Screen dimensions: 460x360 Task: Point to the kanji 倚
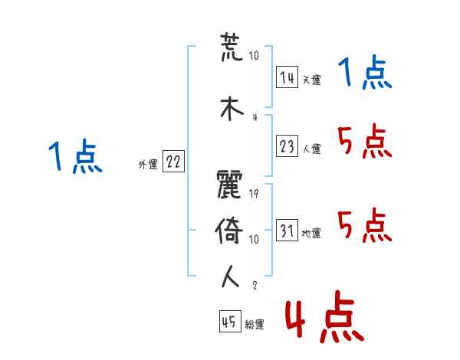click(x=231, y=231)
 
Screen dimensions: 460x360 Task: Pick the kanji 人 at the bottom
click(x=231, y=276)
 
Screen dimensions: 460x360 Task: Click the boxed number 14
click(x=287, y=77)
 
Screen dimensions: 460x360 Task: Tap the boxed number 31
click(x=287, y=231)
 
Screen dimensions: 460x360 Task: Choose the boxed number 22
click(x=173, y=162)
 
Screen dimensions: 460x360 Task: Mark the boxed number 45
click(x=229, y=323)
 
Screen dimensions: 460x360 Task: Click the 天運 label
click(x=311, y=80)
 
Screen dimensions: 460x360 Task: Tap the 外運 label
click(x=147, y=164)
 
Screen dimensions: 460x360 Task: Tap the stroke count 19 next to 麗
click(x=254, y=194)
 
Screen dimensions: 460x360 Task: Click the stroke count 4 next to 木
click(x=254, y=116)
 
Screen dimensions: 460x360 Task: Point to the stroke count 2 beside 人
click(x=254, y=285)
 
